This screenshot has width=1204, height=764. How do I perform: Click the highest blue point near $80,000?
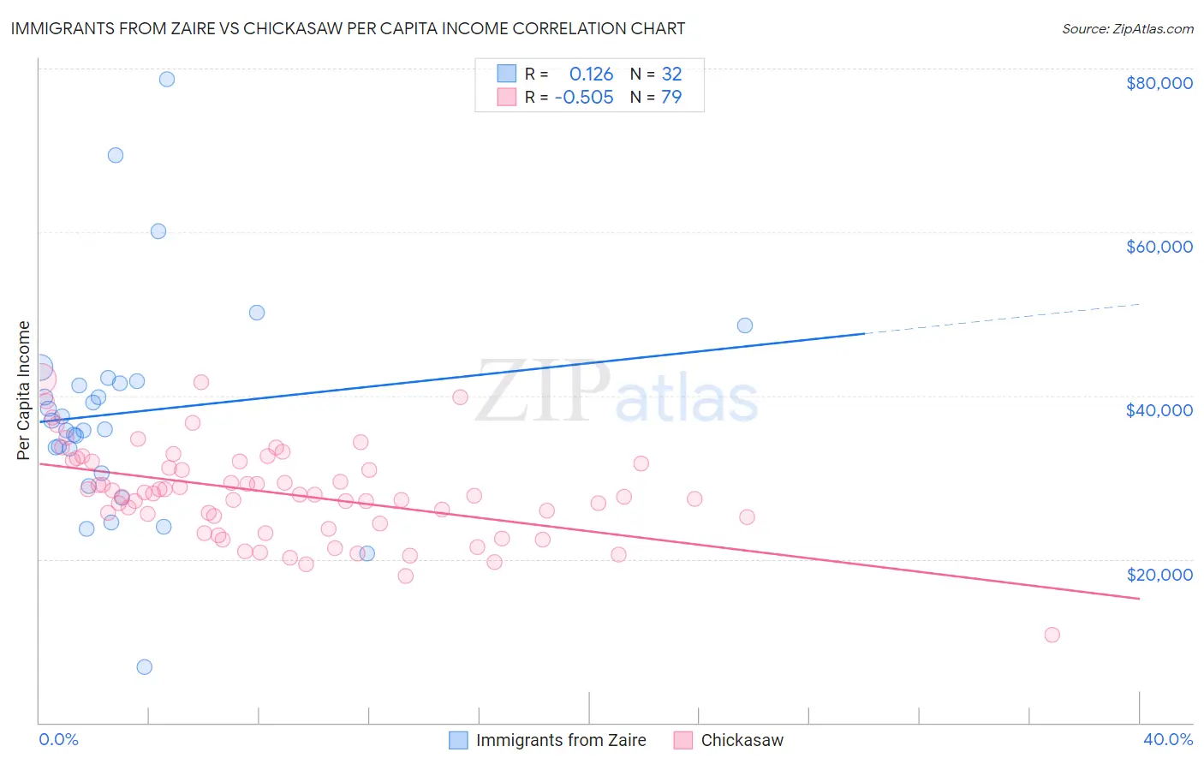tap(167, 79)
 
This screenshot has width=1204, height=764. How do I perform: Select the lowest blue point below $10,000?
tap(145, 667)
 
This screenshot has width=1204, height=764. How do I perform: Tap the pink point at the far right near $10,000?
tap(1052, 635)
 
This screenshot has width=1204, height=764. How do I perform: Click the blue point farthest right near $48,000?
tap(745, 325)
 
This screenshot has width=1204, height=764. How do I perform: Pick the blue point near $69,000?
tap(116, 155)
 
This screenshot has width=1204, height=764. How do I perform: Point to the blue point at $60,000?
tap(158, 231)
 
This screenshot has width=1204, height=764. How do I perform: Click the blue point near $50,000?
tap(257, 313)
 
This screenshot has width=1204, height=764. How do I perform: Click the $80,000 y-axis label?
tap(1159, 83)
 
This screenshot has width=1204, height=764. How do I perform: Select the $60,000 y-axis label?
tap(1159, 247)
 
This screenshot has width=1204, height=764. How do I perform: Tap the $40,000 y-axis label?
tap(1159, 410)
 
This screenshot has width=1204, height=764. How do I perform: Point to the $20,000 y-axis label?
tap(1159, 574)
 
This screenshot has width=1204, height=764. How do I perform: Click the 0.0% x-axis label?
tap(58, 739)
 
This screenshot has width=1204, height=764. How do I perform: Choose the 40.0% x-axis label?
tap(1168, 739)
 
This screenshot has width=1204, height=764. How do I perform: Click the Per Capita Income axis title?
tap(24, 390)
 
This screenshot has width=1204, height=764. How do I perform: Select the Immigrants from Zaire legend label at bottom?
tap(561, 740)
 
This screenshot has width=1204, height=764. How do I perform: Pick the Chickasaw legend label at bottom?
tap(742, 740)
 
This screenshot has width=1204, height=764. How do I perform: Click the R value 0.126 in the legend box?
tap(591, 75)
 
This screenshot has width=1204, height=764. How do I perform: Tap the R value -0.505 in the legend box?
tap(584, 98)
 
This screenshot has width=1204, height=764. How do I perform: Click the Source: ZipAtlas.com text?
tap(1128, 29)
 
